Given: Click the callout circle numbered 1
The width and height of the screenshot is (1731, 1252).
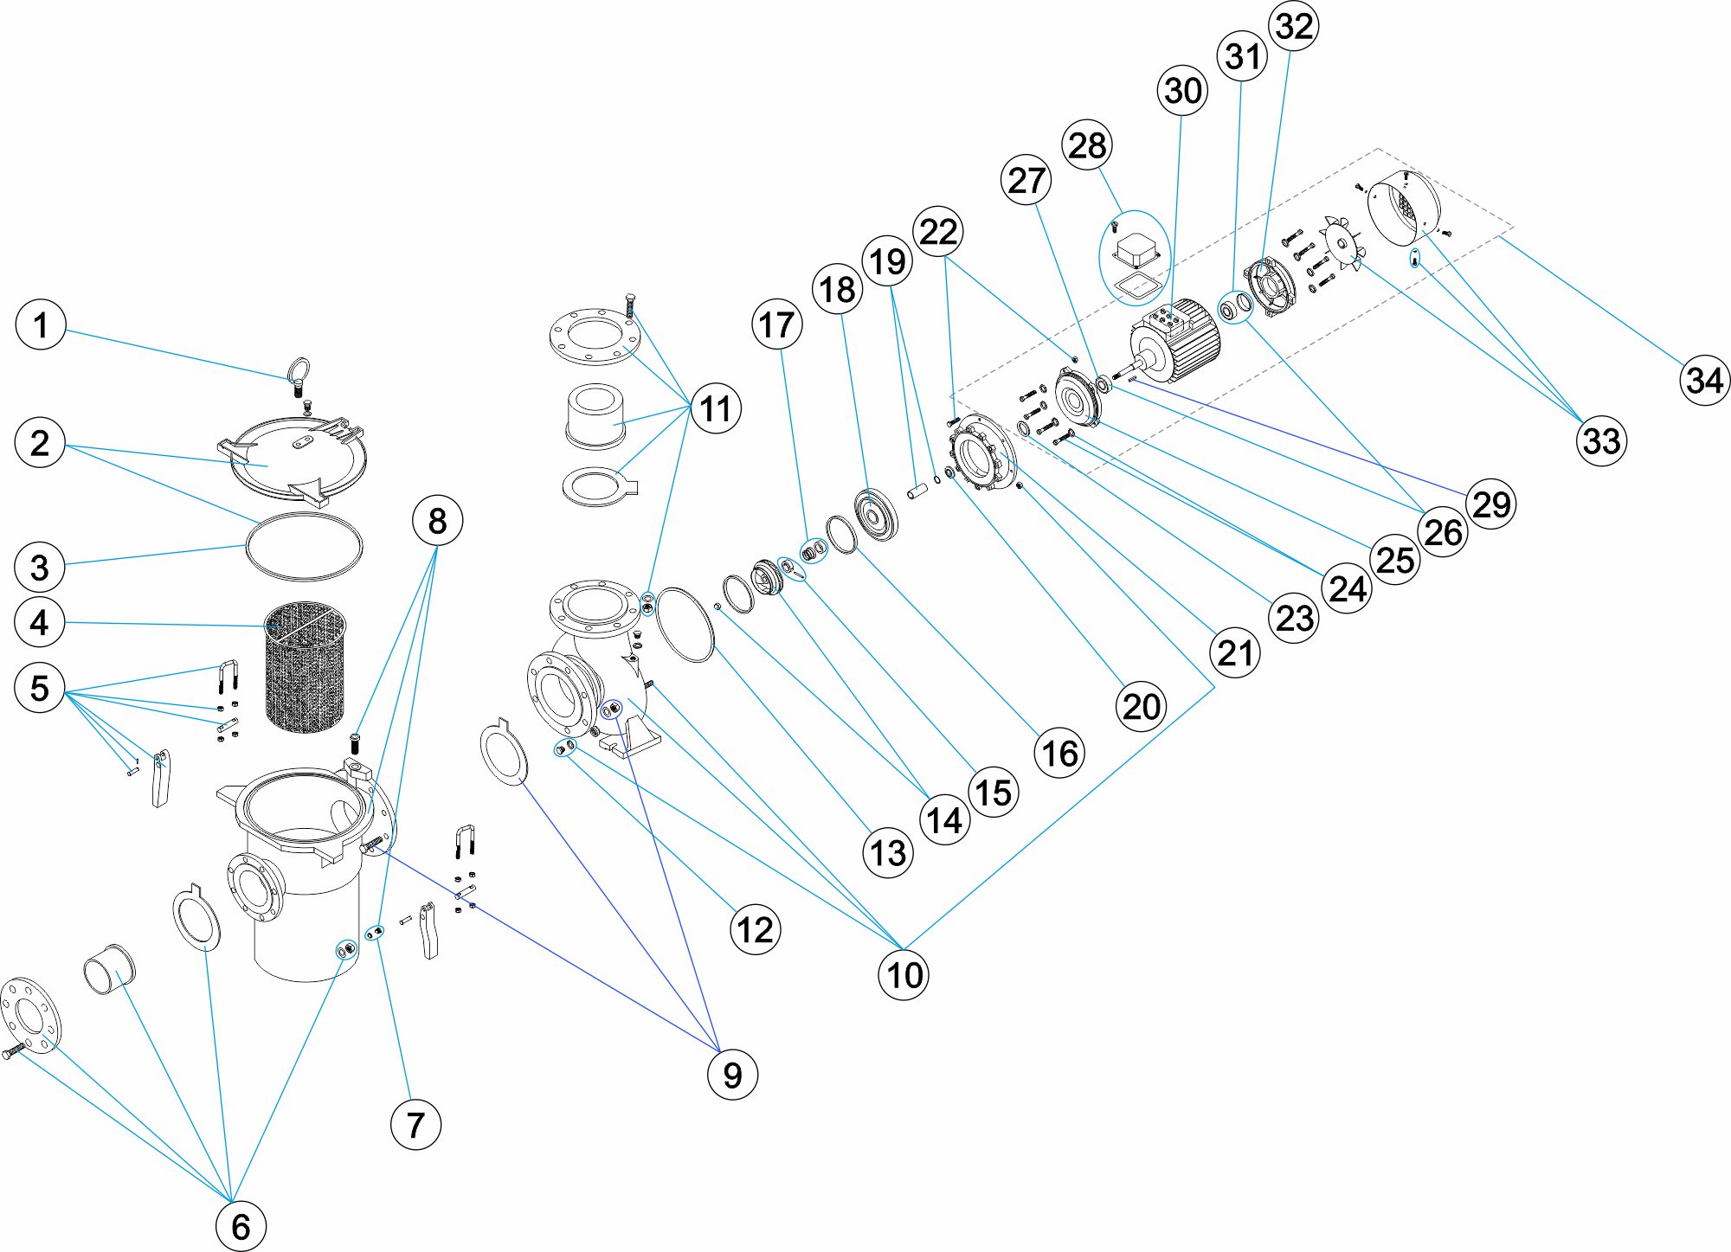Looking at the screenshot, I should [41, 325].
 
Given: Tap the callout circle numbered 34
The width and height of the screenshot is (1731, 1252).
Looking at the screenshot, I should [1704, 380].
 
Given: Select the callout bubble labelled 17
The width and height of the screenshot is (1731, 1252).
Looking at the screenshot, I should [776, 324].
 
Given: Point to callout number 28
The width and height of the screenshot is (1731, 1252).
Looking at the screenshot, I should [1087, 145].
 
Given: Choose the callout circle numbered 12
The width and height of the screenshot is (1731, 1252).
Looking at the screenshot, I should [756, 929].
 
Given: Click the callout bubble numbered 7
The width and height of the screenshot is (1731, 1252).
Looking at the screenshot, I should [415, 1125].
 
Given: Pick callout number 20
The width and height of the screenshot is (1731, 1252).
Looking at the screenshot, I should [1142, 707].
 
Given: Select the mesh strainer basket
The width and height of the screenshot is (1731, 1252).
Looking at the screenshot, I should [305, 666].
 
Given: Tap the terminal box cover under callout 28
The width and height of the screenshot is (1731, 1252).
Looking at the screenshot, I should [1136, 250].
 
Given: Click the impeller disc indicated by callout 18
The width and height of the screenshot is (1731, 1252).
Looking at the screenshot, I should [875, 515].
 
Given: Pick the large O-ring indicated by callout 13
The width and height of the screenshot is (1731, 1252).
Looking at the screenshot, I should [685, 624].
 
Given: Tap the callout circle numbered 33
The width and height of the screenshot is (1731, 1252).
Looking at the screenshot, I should [1601, 440].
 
